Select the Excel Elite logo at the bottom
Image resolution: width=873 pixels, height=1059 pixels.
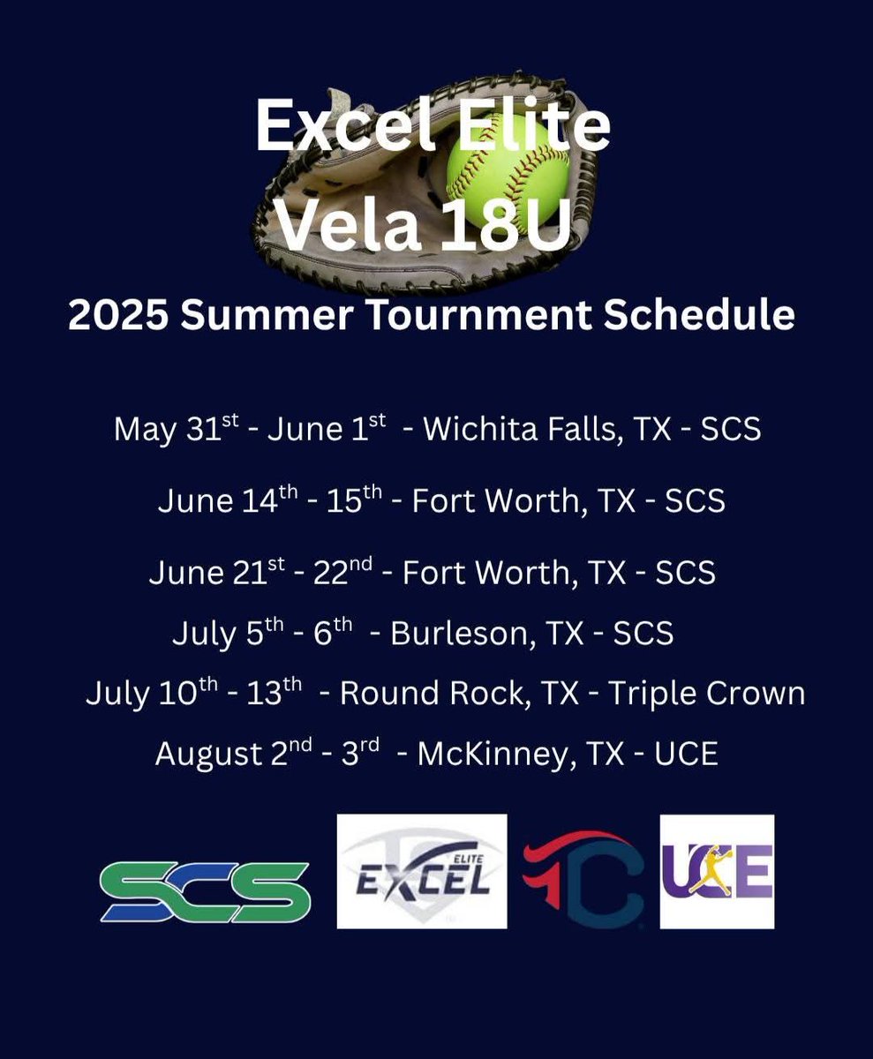(422, 872)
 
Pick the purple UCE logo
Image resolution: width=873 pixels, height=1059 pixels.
(717, 871)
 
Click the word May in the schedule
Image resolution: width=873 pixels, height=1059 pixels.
(142, 430)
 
